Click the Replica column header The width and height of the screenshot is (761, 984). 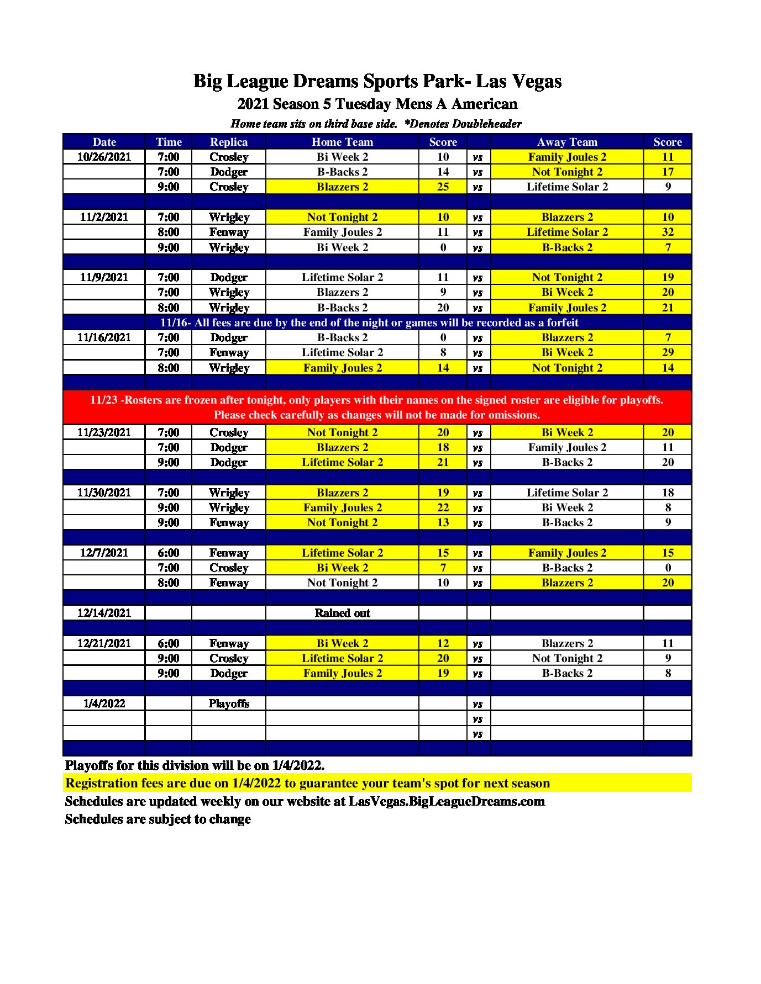tap(229, 142)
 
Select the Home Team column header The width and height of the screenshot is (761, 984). tap(342, 142)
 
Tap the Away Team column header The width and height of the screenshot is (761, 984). tap(567, 142)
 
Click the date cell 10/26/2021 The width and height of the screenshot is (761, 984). tap(104, 157)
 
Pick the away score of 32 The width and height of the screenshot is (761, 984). tap(668, 232)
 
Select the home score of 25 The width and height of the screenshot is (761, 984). tap(443, 187)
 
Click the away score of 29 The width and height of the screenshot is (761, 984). tap(668, 352)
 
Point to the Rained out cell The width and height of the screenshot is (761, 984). tap(342, 613)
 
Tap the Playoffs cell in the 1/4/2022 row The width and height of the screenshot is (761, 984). tap(229, 703)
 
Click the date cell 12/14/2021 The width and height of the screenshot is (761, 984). tap(104, 613)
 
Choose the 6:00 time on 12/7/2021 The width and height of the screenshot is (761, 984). tap(168, 553)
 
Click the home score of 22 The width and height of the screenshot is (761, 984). tap(443, 507)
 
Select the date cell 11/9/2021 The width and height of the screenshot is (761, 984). tap(104, 277)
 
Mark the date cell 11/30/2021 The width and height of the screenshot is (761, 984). tap(104, 493)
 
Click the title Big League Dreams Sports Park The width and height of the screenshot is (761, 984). tap(377, 81)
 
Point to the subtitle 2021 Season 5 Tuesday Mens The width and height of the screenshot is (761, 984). tap(377, 104)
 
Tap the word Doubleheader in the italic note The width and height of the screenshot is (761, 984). tap(486, 124)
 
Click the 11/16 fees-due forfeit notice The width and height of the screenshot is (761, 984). tap(369, 322)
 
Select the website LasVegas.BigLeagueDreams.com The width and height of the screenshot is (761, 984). tap(447, 801)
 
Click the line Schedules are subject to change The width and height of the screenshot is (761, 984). tap(158, 819)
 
